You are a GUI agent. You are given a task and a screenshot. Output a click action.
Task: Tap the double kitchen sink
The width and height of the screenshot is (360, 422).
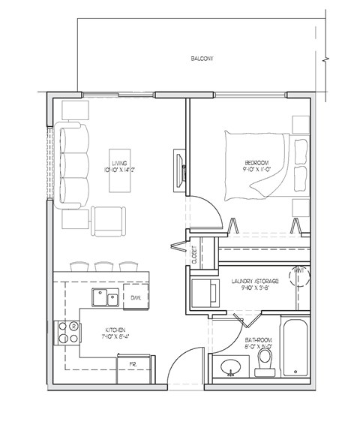pyautogui.click(x=105, y=298)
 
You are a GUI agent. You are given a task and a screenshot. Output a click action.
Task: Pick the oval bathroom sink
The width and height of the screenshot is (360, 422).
pyautogui.click(x=229, y=367)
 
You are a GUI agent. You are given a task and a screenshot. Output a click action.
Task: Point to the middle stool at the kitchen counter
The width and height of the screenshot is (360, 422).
pyautogui.click(x=102, y=267)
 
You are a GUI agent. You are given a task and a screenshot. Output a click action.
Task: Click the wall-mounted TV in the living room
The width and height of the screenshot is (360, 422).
pyautogui.click(x=179, y=167)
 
